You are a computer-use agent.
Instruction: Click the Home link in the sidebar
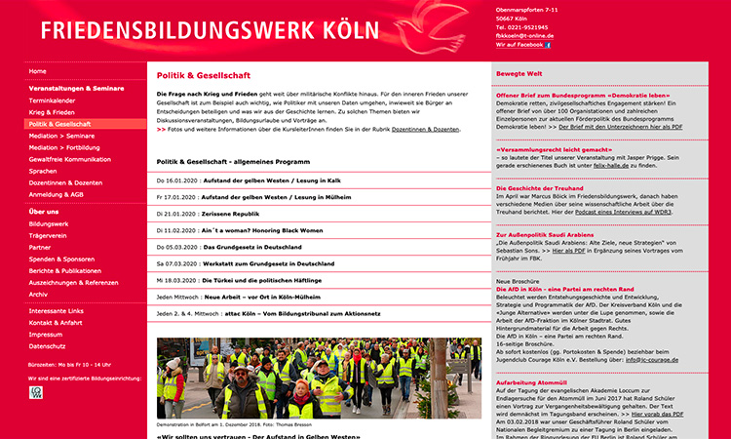[38, 71]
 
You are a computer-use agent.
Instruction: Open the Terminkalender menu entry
[52, 100]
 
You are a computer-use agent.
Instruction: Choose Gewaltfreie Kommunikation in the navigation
[70, 159]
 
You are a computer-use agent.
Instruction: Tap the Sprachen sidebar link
[43, 171]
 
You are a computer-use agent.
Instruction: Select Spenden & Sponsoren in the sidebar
[62, 259]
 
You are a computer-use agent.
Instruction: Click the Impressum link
[47, 334]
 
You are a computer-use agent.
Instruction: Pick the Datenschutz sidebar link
[48, 345]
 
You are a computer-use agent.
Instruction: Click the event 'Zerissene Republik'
[231, 214]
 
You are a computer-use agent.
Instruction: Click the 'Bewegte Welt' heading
[519, 73]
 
